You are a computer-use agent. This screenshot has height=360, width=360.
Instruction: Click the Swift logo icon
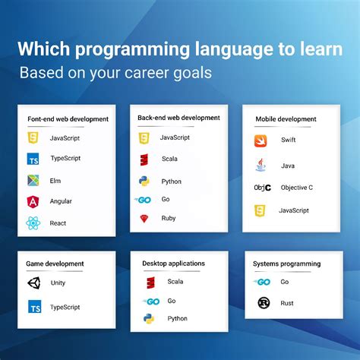pos(260,141)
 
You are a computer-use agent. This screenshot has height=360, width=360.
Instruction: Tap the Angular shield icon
pos(33,201)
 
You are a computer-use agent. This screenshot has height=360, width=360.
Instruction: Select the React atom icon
pos(33,223)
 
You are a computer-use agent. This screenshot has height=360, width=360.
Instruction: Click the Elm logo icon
pos(33,180)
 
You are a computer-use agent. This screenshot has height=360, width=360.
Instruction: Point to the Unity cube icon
pos(34,283)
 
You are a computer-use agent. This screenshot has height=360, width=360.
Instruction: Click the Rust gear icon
pos(263,303)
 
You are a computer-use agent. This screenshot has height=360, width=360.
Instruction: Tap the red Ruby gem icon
pos(144,219)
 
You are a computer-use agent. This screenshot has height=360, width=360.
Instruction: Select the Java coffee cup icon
pos(260,164)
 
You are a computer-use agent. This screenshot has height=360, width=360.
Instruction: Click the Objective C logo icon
pos(262,188)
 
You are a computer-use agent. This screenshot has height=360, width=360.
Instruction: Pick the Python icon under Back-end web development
pos(144,182)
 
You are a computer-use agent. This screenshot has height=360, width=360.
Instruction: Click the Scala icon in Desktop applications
pos(151,283)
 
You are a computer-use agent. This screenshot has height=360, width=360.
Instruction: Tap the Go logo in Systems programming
pos(263,282)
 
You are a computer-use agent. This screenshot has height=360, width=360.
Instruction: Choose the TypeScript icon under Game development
pos(34,307)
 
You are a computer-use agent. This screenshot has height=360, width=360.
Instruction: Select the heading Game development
pos(55,264)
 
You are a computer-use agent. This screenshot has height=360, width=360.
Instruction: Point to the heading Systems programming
pos(287,264)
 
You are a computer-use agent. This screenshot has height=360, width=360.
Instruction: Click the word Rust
pos(288,303)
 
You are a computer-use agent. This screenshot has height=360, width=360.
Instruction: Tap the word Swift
pos(288,141)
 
